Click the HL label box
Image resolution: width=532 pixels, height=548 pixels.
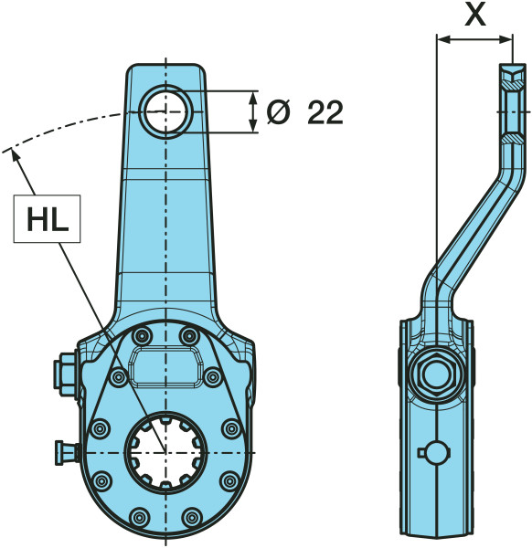[47, 219]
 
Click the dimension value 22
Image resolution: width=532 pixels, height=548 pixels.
[325, 112]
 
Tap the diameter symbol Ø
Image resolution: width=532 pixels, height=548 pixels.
[279, 112]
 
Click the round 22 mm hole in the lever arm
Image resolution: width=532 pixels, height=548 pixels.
[165, 111]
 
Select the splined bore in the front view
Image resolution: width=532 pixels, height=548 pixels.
[165, 452]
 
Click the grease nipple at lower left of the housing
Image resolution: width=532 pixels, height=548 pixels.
[67, 451]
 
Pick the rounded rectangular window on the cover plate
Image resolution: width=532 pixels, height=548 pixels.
[165, 367]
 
